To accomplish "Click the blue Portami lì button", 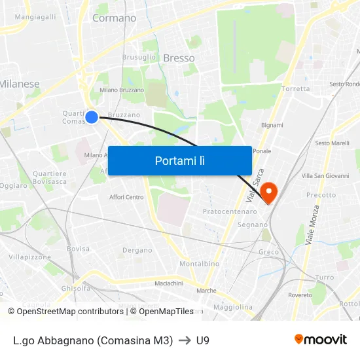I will click(x=179, y=160).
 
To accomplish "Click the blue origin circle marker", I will click(x=92, y=117).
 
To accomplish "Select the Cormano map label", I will click(x=114, y=18).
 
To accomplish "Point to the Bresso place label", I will click(x=179, y=58).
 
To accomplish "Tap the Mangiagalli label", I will click(x=35, y=16).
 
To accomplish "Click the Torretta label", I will click(x=295, y=88).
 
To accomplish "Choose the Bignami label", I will click(x=272, y=125).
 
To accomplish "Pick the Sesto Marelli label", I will click(x=332, y=143).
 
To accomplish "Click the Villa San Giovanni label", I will click(x=325, y=175).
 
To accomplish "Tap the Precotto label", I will click(x=321, y=194).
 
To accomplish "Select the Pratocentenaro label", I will click(x=230, y=211).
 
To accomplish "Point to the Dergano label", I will click(x=137, y=250).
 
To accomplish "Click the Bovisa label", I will click(x=78, y=249).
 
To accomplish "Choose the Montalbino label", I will click(x=194, y=264).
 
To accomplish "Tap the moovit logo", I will click(x=320, y=339).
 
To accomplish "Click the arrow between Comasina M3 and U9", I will click(x=185, y=340).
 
